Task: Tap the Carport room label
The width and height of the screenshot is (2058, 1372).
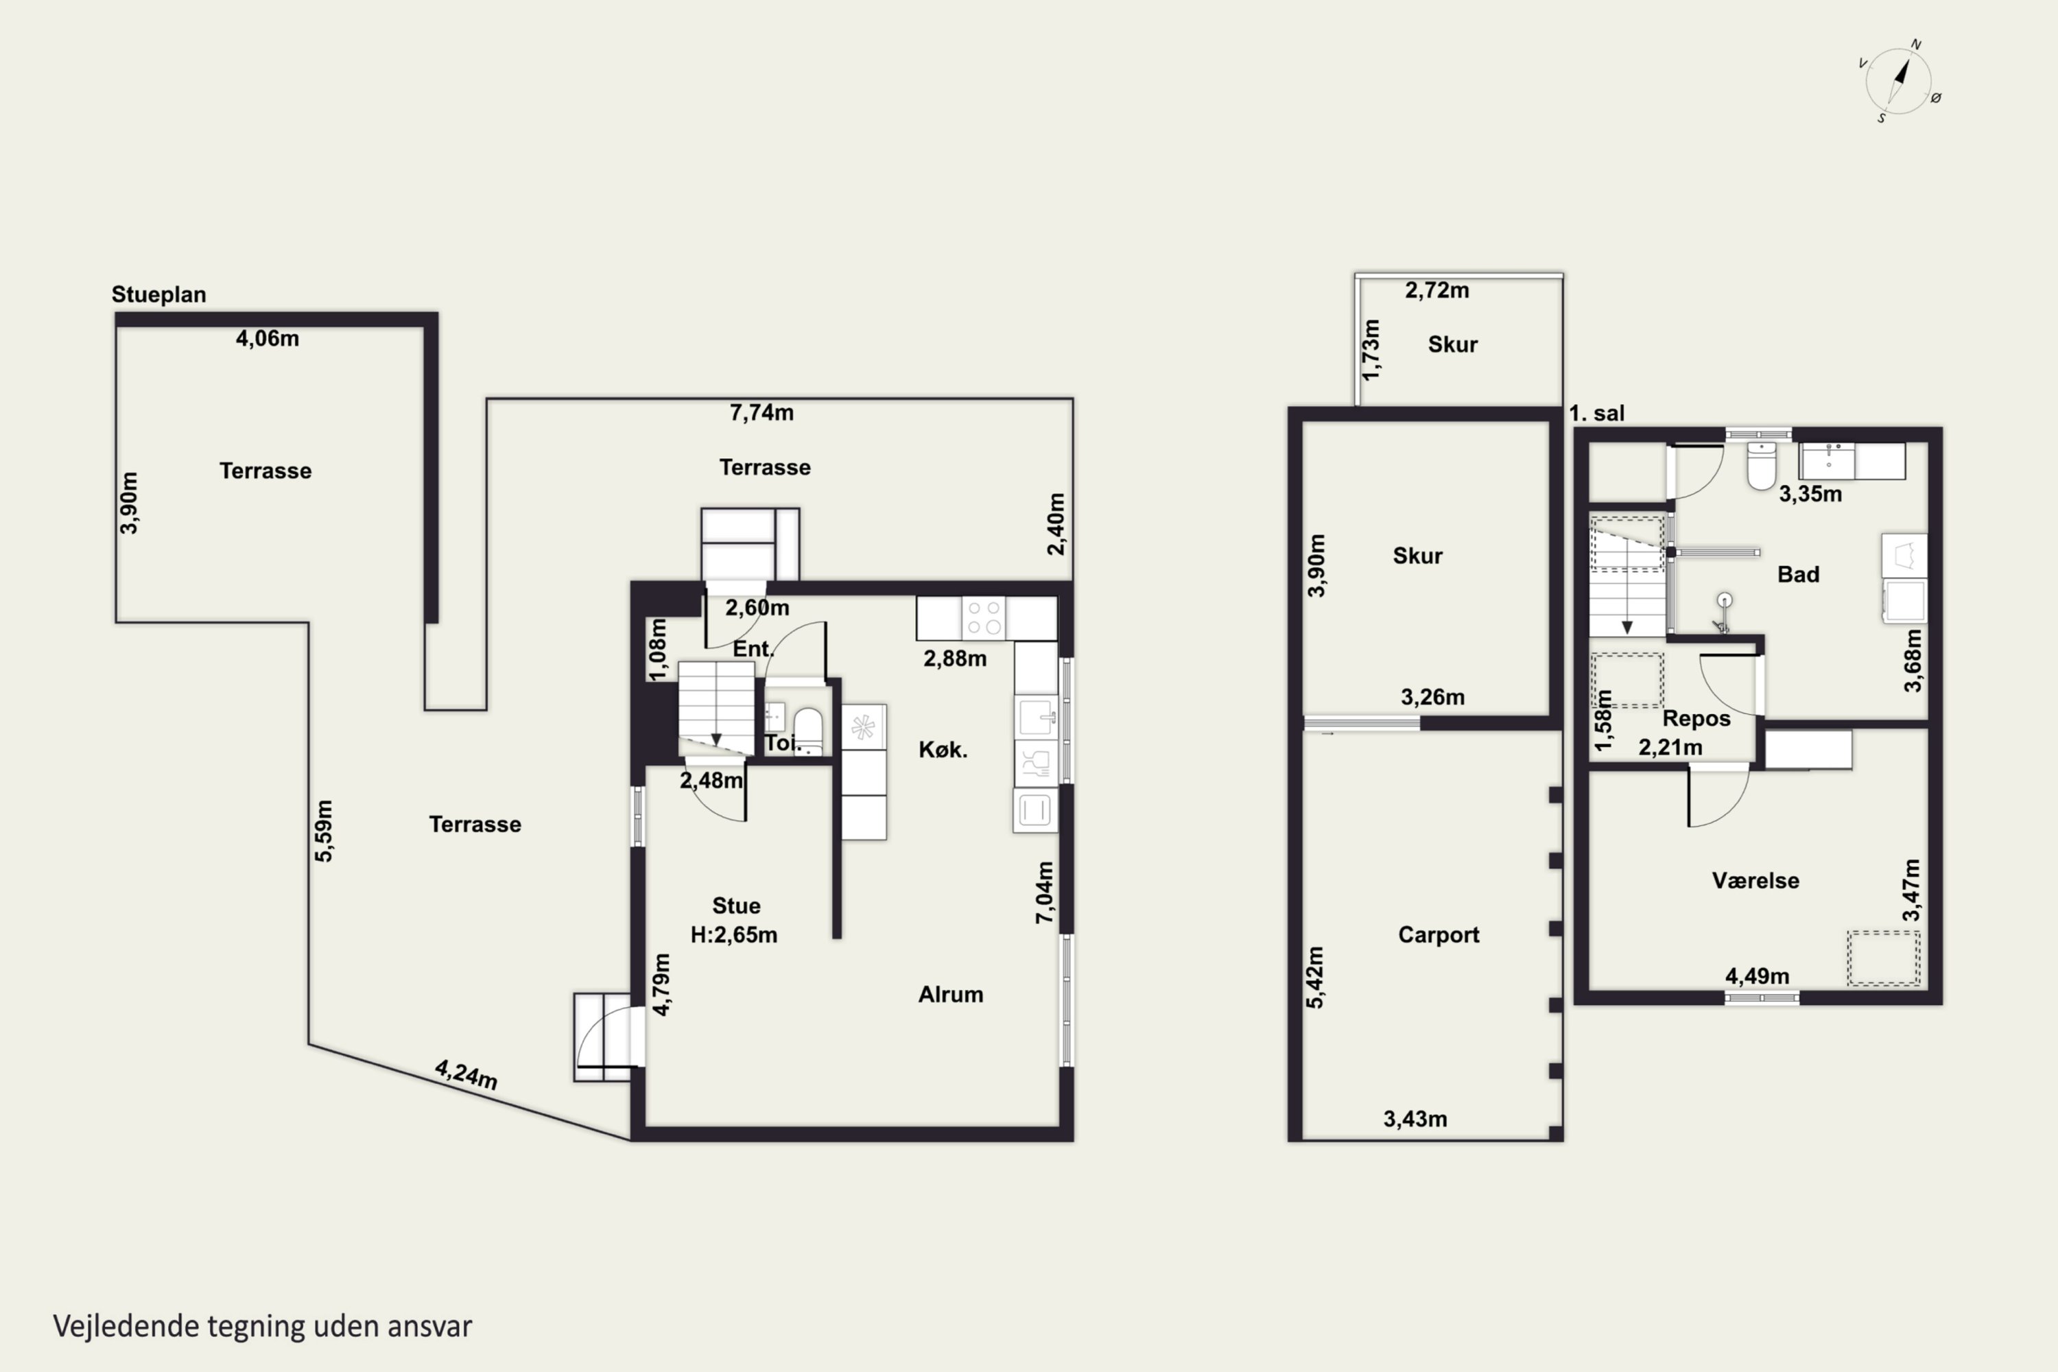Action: point(1439,934)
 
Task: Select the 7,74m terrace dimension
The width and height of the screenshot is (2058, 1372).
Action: point(761,412)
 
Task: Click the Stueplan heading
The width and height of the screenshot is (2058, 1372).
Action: point(158,294)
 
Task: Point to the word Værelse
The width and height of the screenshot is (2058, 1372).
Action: point(1755,880)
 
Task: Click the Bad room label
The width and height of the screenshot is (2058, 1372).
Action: point(1798,574)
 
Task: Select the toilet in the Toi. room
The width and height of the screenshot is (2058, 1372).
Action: point(807,731)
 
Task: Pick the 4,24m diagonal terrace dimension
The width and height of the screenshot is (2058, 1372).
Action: point(466,1074)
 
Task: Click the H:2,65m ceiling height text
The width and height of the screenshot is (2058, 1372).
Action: point(733,934)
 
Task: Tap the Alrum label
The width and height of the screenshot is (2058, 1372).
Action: point(950,994)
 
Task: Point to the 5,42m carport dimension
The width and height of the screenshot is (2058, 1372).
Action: point(1315,978)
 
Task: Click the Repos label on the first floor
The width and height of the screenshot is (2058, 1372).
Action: point(1696,718)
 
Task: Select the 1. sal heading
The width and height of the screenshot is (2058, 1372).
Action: point(1596,413)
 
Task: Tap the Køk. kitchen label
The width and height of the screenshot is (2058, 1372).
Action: point(943,749)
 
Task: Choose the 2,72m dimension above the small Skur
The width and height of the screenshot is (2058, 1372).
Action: point(1436,289)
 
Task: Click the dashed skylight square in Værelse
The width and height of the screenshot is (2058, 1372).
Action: point(1883,958)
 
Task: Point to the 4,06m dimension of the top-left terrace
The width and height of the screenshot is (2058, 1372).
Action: point(267,338)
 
